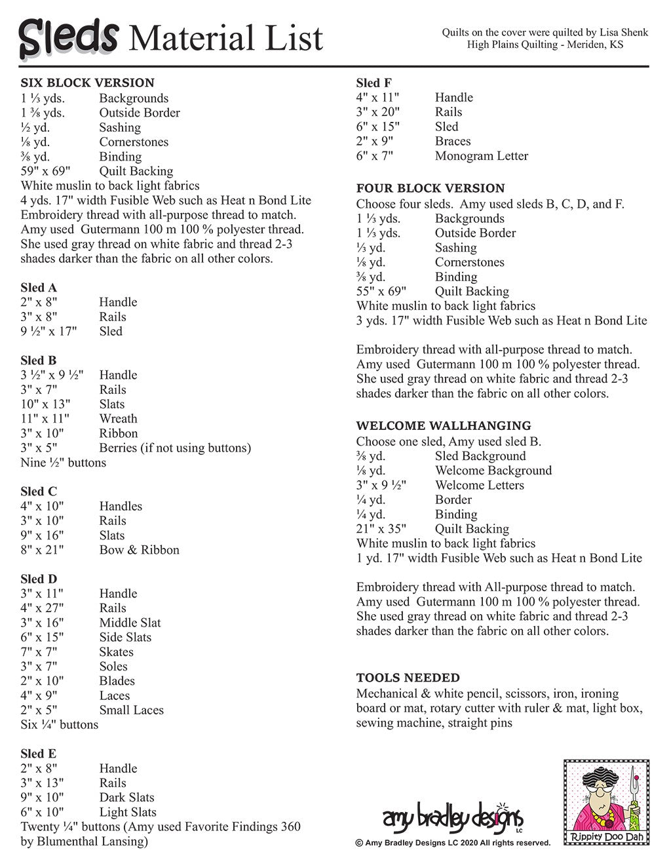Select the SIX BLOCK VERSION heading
point(87,83)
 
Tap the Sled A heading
point(39,288)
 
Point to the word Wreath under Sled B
point(119,419)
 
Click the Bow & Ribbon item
point(139,550)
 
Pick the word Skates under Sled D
point(116,652)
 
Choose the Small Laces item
point(131,710)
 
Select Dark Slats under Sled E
point(126,798)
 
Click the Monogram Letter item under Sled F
point(481,156)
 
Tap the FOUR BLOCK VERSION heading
point(430,188)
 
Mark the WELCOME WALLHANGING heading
point(444,426)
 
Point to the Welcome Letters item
point(479,486)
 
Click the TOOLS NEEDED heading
point(408,678)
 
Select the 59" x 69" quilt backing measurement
point(45,172)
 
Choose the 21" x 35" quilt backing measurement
point(381,529)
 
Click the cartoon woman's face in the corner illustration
point(604,796)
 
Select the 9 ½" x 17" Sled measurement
point(48,332)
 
